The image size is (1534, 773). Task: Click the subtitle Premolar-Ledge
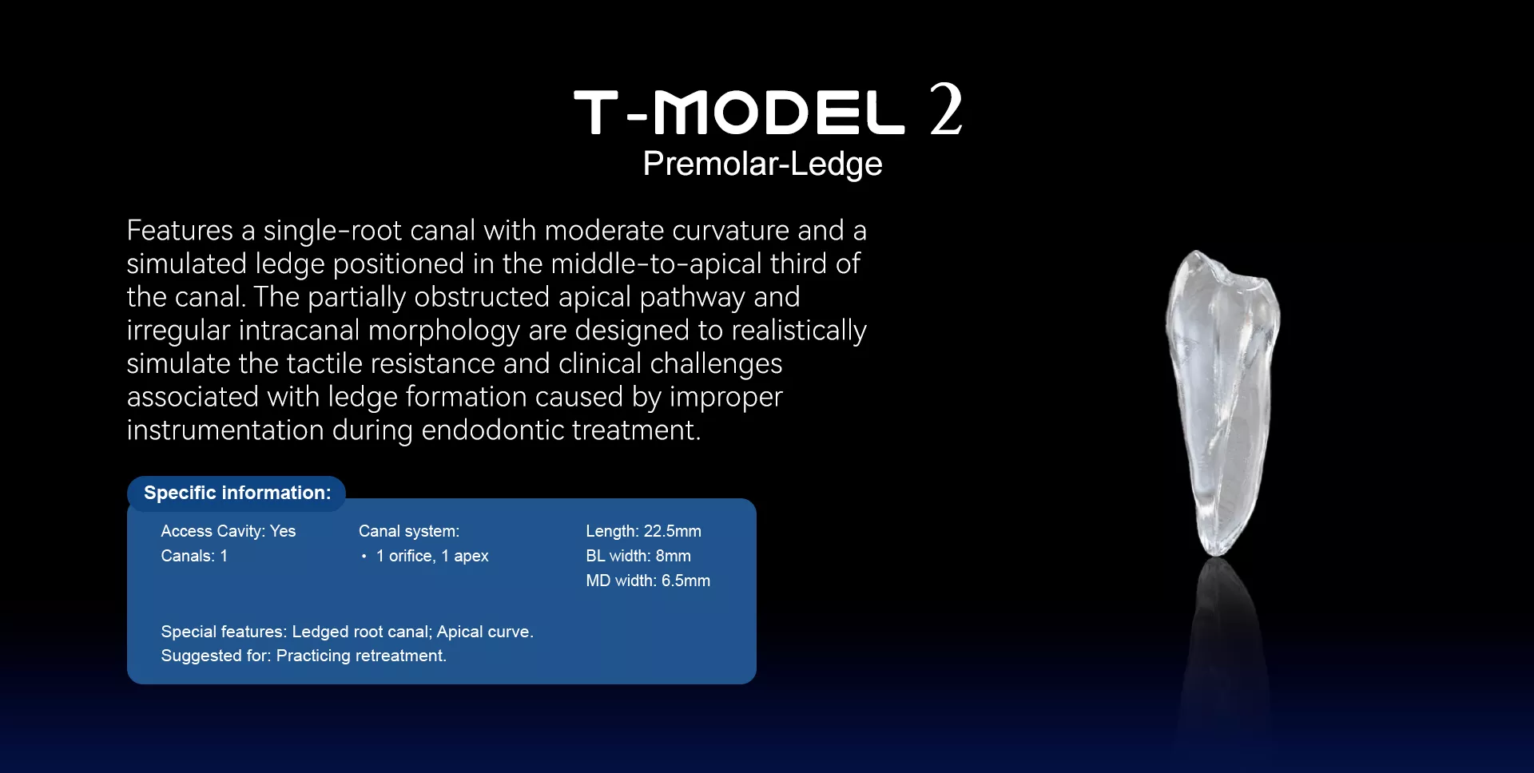[763, 165]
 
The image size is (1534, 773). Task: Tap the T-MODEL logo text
[739, 112]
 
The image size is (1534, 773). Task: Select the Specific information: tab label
[237, 493]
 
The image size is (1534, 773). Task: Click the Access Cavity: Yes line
[229, 531]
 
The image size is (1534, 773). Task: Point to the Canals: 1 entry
[194, 556]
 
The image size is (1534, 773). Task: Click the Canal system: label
[409, 531]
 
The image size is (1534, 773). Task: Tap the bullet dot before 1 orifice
[364, 557]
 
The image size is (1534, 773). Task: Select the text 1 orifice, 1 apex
[432, 556]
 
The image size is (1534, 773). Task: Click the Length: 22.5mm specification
[643, 531]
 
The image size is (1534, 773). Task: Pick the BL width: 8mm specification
[638, 556]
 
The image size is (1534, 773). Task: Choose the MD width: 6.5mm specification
[648, 581]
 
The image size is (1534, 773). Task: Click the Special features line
[347, 632]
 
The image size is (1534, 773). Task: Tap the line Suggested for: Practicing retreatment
[304, 656]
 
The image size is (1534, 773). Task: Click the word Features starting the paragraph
[180, 231]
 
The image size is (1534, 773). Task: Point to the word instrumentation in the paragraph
[225, 430]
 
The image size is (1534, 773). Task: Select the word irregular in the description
[178, 331]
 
